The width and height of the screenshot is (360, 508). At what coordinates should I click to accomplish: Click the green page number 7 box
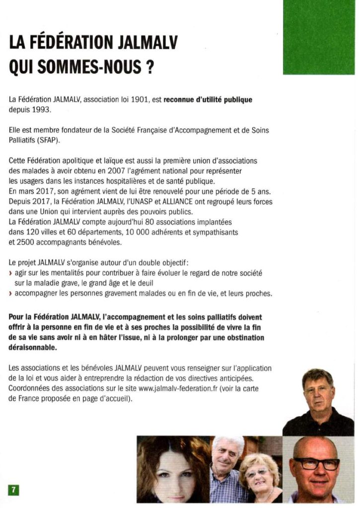click(13, 490)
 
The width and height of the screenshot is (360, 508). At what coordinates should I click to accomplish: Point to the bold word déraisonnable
click(33, 348)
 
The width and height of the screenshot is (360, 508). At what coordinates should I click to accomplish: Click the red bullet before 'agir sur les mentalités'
click(11, 274)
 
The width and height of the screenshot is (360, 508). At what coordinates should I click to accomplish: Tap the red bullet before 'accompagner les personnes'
click(11, 294)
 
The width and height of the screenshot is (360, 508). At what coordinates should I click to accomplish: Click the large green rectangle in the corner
click(318, 37)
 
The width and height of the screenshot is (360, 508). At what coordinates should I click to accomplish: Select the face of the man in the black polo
click(318, 389)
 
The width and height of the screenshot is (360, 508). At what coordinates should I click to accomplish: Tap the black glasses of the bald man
click(316, 464)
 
